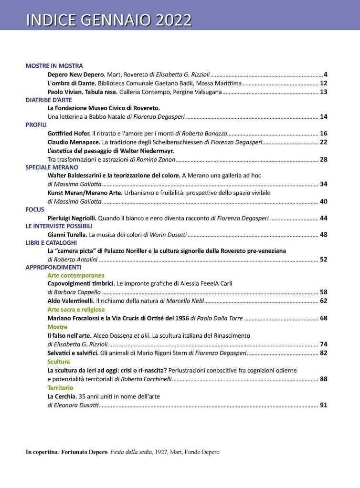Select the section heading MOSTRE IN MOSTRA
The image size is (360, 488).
tap(54, 66)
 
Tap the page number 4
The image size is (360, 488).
tap(325, 74)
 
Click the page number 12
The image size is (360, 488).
tap(323, 83)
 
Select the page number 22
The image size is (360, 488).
tap(323, 142)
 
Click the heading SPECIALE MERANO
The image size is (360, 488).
tap(52, 167)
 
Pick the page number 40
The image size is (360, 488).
tap(323, 201)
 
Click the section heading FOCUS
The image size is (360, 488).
tap(35, 209)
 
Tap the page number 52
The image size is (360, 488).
tap(323, 260)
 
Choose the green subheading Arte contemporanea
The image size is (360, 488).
tap(75, 275)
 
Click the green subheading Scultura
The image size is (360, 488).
tap(59, 362)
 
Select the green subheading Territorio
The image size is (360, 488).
tap(60, 388)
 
